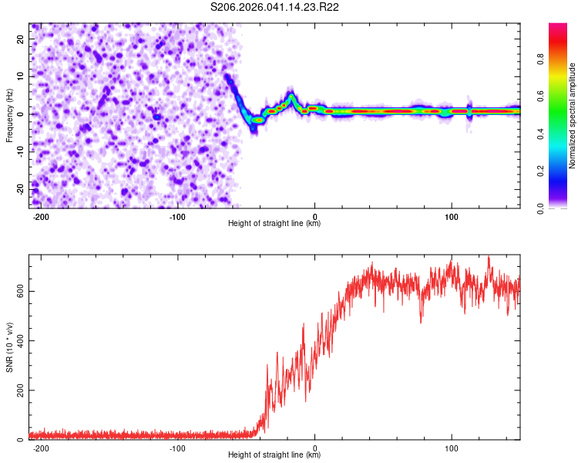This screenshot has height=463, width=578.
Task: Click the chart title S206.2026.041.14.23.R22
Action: point(275,7)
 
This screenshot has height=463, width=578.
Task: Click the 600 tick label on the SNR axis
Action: point(17,291)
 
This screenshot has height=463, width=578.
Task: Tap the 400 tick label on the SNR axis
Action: point(17,340)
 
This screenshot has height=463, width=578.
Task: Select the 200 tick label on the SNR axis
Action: point(17,390)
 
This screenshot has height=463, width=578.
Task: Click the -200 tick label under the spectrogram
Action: point(42,215)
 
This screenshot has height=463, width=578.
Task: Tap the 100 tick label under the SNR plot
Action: point(452,448)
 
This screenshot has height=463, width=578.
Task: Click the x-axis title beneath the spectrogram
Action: point(274,224)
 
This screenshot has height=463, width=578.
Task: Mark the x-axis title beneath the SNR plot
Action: point(274,456)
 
